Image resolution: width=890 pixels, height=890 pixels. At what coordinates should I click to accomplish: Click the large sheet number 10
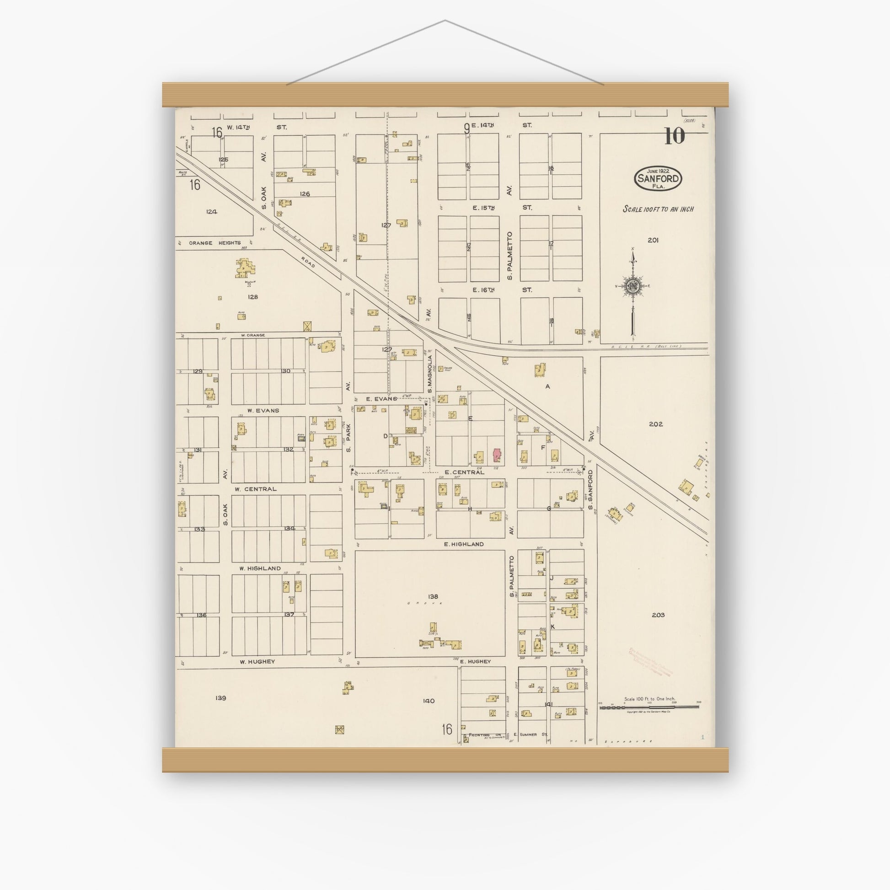click(x=675, y=136)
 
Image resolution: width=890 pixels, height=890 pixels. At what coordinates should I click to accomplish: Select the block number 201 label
click(x=653, y=240)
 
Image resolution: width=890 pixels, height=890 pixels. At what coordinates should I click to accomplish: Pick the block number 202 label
click(x=655, y=424)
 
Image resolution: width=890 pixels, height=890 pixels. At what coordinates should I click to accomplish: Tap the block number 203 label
click(x=658, y=615)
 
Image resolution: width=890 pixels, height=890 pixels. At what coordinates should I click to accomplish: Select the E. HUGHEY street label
click(x=476, y=661)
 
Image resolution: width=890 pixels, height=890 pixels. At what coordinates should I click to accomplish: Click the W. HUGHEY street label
click(x=257, y=661)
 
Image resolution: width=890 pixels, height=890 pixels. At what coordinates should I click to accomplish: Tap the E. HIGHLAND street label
click(x=464, y=544)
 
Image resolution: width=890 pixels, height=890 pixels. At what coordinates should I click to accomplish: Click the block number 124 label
click(x=211, y=212)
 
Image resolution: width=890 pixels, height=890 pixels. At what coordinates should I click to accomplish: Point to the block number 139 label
click(x=220, y=698)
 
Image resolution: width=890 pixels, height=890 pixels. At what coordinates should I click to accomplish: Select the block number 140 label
click(x=429, y=701)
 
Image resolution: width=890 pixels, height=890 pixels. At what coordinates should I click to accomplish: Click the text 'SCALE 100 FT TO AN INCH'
click(x=658, y=209)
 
